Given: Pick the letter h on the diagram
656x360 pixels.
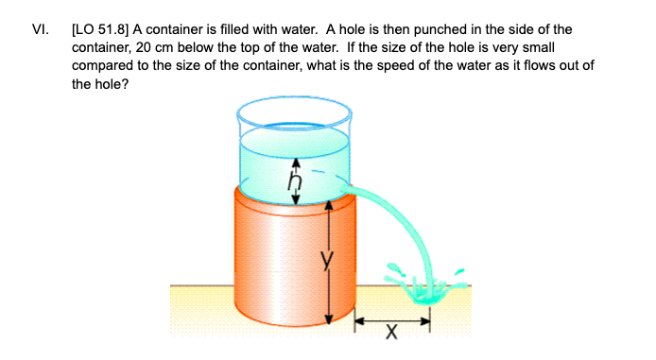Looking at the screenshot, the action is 295,176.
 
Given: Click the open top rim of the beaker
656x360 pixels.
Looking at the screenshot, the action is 293,114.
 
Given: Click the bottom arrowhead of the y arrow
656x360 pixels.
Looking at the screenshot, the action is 328,319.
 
